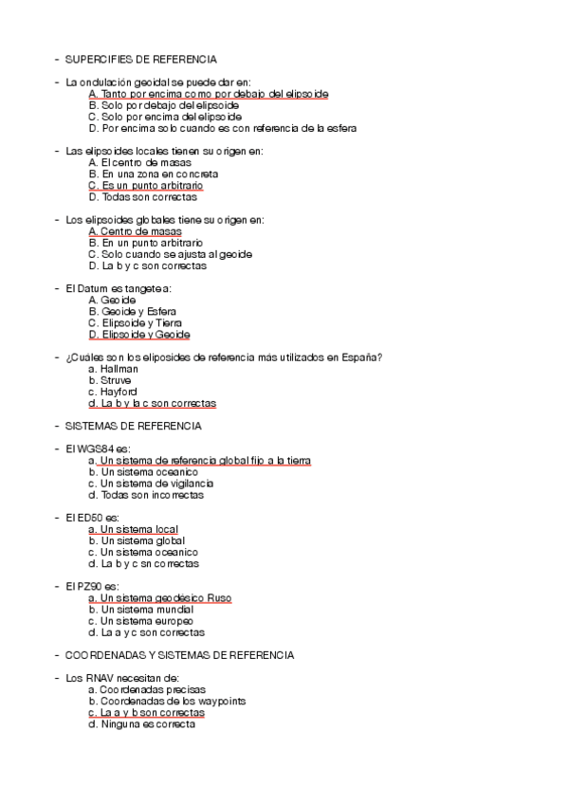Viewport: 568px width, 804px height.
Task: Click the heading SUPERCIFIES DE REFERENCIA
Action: click(140, 59)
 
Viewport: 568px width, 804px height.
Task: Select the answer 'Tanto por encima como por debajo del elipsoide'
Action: click(209, 94)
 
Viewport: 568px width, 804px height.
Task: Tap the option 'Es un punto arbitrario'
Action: click(145, 186)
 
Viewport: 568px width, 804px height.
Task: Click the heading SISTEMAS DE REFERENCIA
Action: click(134, 427)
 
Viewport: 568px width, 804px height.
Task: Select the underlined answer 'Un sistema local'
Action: click(133, 529)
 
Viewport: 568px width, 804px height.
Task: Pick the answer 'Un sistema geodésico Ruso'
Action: click(159, 598)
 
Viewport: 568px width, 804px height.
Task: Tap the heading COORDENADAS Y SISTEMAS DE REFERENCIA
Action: click(180, 655)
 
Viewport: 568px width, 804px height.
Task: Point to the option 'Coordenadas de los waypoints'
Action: click(166, 702)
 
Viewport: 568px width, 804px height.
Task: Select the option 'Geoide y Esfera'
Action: click(133, 311)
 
